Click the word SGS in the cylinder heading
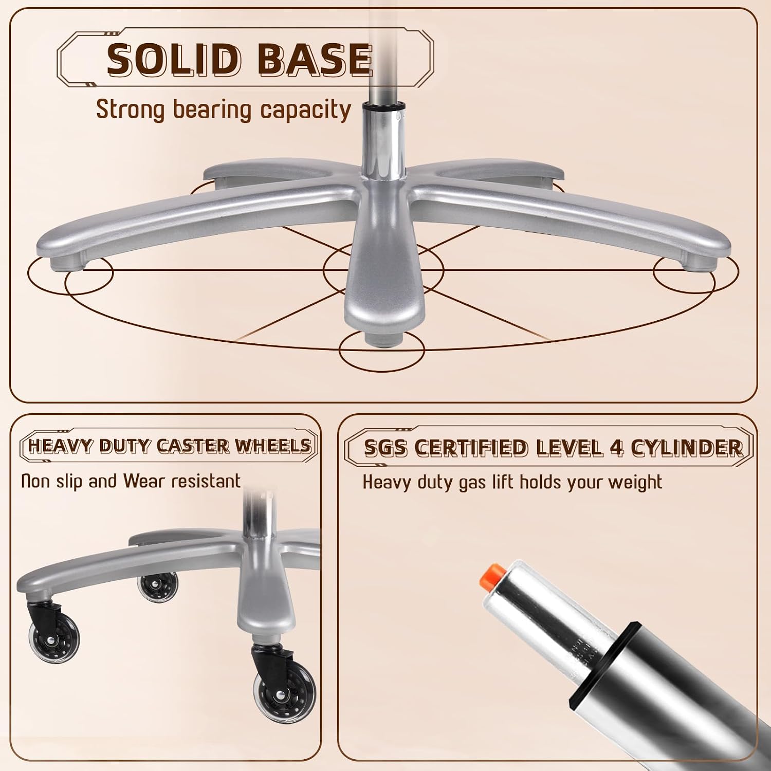386,448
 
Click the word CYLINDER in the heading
687,448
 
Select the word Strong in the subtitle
130,111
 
